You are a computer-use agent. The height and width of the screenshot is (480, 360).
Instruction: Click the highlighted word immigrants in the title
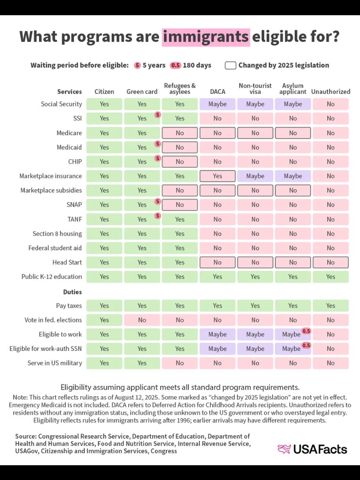tap(206, 37)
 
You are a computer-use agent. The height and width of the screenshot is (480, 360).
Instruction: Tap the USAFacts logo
tap(312, 449)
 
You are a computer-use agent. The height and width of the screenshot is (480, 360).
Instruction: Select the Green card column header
tap(142, 92)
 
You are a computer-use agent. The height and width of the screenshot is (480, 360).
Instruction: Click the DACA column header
tap(217, 92)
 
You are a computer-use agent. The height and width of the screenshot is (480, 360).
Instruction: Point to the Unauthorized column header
tap(330, 92)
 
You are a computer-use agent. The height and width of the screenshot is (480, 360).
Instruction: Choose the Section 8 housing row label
tap(57, 233)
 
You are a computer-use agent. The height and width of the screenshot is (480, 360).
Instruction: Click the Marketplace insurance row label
tap(50, 176)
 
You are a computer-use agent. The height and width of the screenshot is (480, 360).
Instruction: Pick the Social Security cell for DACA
tap(217, 104)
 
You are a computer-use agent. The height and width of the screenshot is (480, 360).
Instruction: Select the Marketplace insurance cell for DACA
tap(217, 176)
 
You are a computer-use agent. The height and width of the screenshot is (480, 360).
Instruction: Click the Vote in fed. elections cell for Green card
tap(142, 320)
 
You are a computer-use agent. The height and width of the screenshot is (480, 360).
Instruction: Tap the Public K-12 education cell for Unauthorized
tap(330, 277)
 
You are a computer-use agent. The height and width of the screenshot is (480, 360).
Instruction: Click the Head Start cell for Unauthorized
tap(330, 262)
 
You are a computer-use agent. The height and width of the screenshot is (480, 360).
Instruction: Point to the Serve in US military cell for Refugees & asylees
tap(180, 363)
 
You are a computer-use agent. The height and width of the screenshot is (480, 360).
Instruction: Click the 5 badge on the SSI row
tap(157, 115)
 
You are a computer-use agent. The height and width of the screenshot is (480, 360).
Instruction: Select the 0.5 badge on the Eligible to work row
tap(306, 331)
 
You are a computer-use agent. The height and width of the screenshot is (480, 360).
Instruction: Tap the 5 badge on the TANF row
tap(157, 216)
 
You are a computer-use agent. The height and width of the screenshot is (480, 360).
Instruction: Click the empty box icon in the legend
tap(230, 65)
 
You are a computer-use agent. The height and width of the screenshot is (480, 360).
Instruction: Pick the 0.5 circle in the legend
tap(175, 65)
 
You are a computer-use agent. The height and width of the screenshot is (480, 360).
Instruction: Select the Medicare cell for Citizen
tap(104, 133)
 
